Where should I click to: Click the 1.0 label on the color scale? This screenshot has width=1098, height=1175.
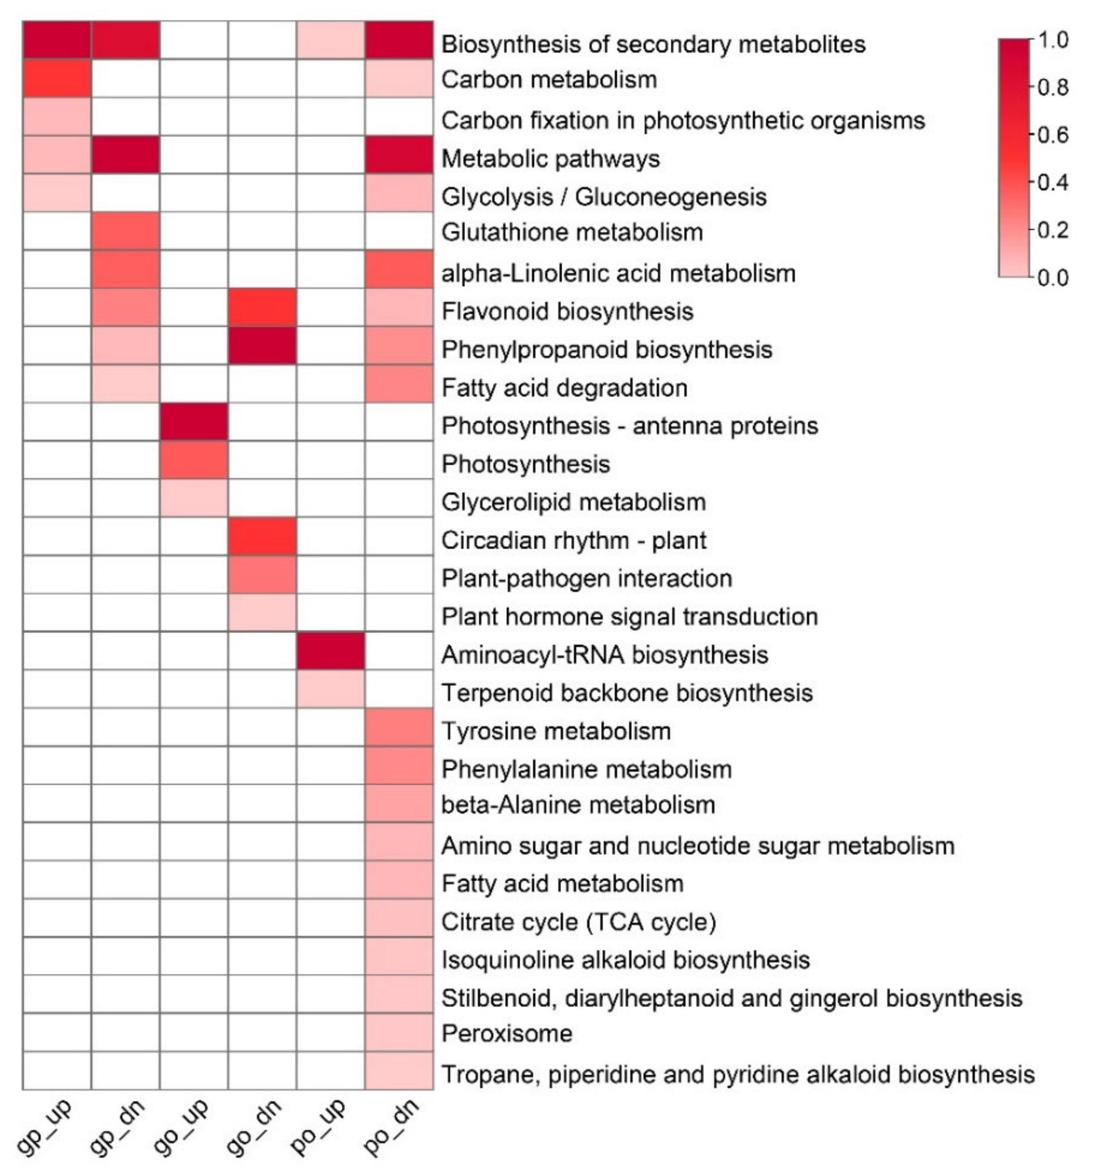pyautogui.click(x=1054, y=40)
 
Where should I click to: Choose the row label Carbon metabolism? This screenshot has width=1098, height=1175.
pyautogui.click(x=549, y=79)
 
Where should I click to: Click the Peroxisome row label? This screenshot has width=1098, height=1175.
pyautogui.click(x=507, y=1033)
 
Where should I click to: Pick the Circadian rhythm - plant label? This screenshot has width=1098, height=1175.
pyautogui.click(x=574, y=540)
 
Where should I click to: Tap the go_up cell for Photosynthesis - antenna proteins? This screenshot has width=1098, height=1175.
pyautogui.click(x=193, y=422)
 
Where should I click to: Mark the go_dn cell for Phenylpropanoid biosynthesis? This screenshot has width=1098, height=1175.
pyautogui.click(x=262, y=346)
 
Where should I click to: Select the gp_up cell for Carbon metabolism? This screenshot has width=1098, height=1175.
pyautogui.click(x=57, y=79)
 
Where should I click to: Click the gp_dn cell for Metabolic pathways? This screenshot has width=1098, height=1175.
pyautogui.click(x=125, y=155)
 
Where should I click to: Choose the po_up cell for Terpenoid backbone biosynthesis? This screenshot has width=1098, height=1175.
pyautogui.click(x=331, y=689)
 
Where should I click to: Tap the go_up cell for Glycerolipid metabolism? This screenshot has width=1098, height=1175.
pyautogui.click(x=193, y=498)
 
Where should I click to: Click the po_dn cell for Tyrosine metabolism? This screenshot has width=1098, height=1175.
pyautogui.click(x=399, y=727)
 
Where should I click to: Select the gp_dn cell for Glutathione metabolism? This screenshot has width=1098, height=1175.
pyautogui.click(x=125, y=231)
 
